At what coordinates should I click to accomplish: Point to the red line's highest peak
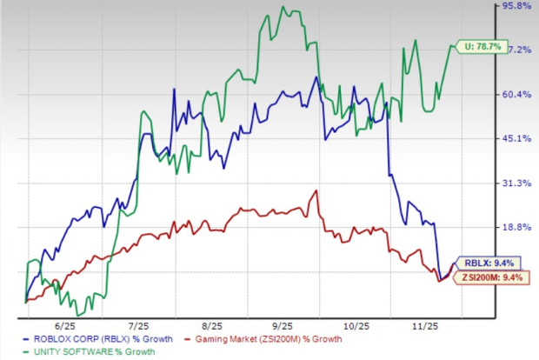point(316,191)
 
